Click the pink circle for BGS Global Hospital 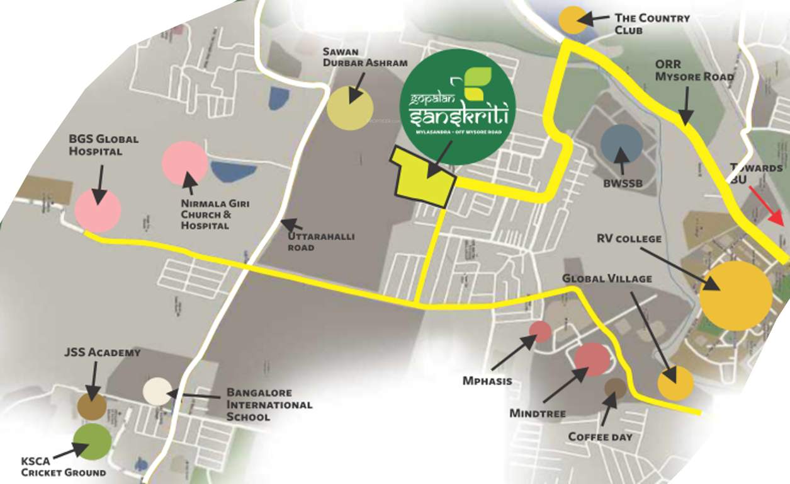[98, 211]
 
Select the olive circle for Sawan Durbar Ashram [350, 107]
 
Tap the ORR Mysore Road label [694, 71]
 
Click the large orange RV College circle [736, 296]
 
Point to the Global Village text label [607, 278]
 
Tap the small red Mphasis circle [540, 331]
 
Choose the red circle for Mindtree [592, 359]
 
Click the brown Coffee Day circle [615, 388]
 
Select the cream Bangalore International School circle [157, 391]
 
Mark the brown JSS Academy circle [92, 406]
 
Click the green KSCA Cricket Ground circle [92, 442]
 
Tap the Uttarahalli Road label [320, 242]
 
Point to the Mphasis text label [487, 381]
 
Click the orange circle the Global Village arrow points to [675, 383]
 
